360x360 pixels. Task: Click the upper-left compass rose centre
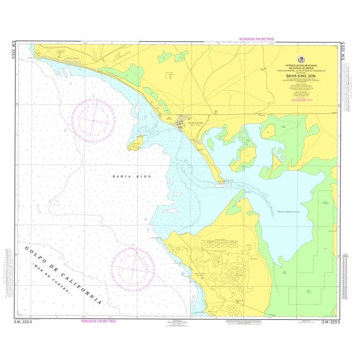pos(93,120)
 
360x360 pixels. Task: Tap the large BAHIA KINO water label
pos(132,176)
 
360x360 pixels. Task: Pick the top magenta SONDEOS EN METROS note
pos(257,39)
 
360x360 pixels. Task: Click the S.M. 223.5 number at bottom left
pos(23,321)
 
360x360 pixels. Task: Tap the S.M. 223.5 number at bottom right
pos(331,321)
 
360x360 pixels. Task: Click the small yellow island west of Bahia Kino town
pos(136,143)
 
